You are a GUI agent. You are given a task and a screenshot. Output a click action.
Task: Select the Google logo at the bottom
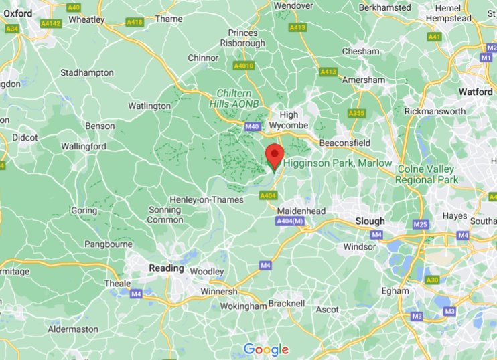266,349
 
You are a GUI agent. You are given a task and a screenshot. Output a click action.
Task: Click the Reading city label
166,268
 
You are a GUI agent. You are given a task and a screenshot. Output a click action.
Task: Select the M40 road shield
252,126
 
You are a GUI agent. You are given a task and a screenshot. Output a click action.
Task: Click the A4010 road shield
244,66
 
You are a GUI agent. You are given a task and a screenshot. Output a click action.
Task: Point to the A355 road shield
356,114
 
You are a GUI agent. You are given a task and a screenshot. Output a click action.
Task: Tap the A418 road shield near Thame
135,23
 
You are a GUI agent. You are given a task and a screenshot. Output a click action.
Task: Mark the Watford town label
476,91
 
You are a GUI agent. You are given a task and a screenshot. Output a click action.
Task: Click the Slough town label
370,221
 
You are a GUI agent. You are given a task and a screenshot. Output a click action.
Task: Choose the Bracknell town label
286,304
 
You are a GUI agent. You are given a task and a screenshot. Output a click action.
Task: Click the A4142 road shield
50,23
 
